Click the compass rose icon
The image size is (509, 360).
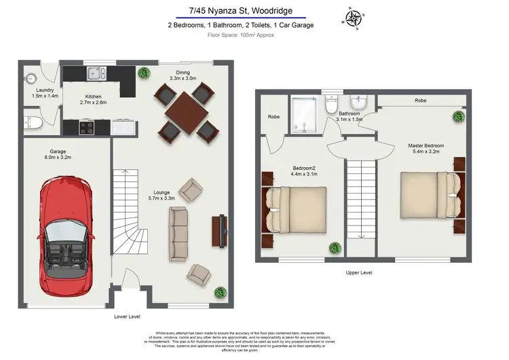353,18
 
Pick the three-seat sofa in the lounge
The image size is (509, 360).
178,234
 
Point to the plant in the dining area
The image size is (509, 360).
143,72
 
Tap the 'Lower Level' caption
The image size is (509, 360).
128,317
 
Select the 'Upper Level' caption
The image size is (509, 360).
358,272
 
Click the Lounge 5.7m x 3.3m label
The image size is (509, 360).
161,195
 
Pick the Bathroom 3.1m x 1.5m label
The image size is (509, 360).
350,116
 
